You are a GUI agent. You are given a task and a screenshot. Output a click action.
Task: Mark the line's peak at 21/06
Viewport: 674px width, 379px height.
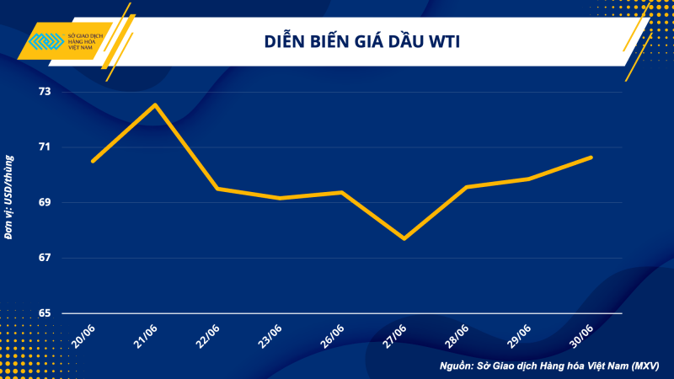click(155, 104)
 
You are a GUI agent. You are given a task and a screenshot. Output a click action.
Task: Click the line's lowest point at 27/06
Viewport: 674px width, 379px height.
click(404, 238)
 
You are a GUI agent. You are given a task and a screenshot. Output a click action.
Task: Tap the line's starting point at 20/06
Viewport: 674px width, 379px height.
click(93, 161)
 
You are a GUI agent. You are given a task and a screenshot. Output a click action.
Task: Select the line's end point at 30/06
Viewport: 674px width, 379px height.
click(591, 157)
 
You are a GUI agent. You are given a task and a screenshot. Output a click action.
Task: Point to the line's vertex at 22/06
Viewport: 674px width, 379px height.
click(217, 189)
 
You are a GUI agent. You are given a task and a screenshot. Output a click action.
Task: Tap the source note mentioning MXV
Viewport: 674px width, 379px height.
click(548, 366)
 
